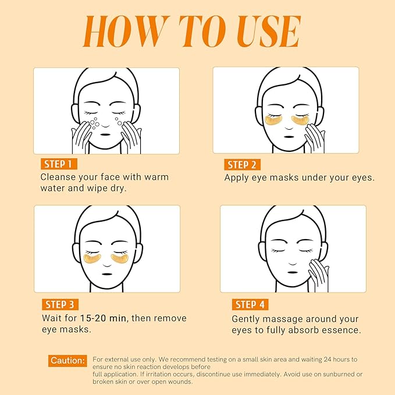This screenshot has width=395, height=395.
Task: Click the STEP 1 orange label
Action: [x=58, y=163]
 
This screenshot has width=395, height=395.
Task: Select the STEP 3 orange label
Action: [x=59, y=304]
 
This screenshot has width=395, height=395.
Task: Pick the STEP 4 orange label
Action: [x=251, y=304]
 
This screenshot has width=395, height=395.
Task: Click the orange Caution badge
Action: [x=68, y=361]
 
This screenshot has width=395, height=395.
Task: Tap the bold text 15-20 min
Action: [x=102, y=319]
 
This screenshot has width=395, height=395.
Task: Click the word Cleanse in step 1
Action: [x=59, y=177]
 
